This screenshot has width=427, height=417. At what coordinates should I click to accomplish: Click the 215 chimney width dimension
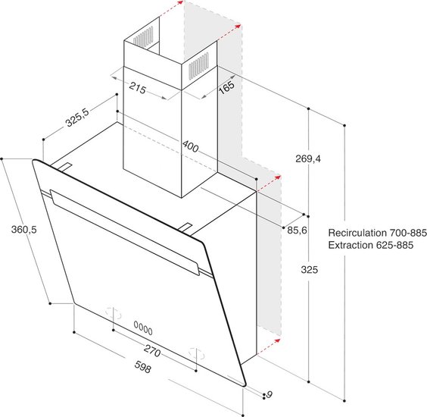[138, 88]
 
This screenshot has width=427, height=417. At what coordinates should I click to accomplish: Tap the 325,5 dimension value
[77, 118]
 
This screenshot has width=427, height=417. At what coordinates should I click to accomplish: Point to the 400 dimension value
[190, 146]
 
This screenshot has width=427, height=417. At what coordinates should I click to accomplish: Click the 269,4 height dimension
[308, 158]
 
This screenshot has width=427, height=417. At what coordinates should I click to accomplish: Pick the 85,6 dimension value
[297, 230]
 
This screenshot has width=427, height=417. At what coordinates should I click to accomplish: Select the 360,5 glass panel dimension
[23, 230]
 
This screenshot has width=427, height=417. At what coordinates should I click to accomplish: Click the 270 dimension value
[152, 351]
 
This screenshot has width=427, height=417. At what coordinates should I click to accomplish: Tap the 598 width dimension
[142, 367]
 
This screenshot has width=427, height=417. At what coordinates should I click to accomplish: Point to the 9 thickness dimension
[269, 394]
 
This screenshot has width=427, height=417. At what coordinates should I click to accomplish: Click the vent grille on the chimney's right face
[199, 66]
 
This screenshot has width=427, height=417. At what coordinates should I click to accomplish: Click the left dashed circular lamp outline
[114, 313]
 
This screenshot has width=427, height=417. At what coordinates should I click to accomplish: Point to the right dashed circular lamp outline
[197, 353]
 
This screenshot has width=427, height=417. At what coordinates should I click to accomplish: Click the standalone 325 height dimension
[310, 270]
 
